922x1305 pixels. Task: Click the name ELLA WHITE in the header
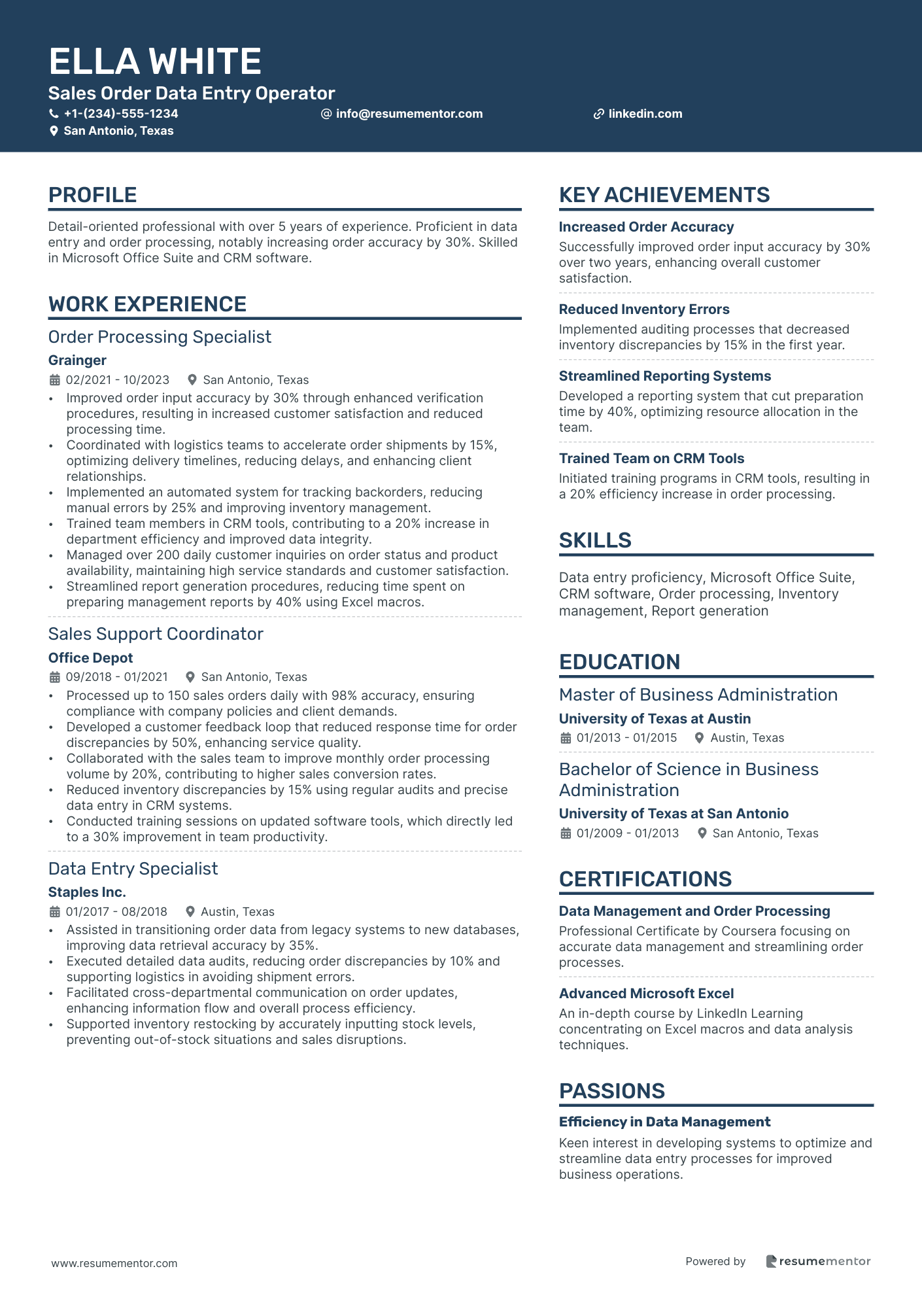[155, 61]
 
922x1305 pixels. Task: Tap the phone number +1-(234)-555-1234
[121, 114]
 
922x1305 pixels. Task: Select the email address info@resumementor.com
[409, 114]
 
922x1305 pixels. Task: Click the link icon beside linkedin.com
[598, 114]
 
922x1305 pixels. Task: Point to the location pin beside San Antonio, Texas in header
[54, 131]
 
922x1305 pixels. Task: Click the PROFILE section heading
[93, 195]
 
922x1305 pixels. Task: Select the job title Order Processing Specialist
[160, 337]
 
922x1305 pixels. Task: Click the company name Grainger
[77, 360]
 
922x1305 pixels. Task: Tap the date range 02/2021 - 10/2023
[118, 380]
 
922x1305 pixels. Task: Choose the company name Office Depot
[90, 658]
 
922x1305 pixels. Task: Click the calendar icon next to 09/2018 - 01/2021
[55, 677]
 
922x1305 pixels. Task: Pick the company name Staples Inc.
[87, 892]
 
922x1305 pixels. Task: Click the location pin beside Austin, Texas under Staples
[190, 911]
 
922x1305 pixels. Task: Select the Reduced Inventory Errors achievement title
[644, 309]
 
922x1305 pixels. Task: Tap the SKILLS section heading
[595, 540]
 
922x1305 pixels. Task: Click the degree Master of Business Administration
[698, 695]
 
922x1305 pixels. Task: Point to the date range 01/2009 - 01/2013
[628, 833]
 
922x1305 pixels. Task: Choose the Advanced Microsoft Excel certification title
[646, 994]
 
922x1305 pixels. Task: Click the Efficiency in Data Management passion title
[664, 1122]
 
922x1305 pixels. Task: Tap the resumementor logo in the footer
[818, 1261]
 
